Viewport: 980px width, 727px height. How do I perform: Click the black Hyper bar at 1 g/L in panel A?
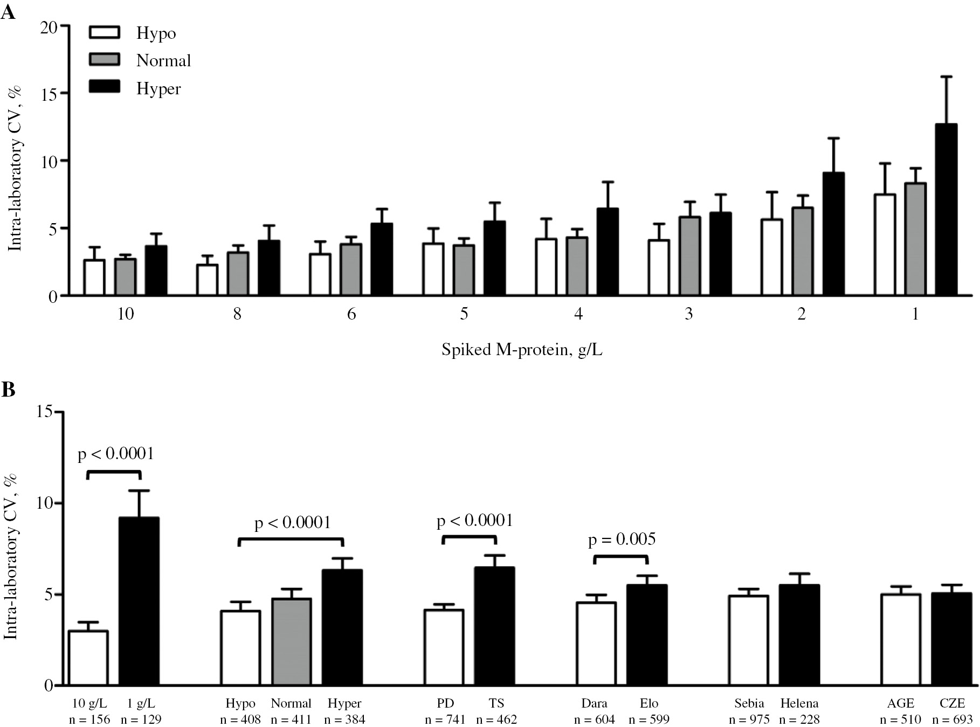coord(946,210)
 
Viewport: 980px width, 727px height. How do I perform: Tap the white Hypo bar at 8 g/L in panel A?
coord(207,280)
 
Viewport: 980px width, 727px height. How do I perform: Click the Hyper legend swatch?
coord(104,87)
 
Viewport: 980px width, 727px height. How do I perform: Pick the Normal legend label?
coord(163,60)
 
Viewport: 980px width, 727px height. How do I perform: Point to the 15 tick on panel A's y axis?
coord(49,93)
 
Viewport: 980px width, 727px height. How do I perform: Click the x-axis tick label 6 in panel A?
coord(351,314)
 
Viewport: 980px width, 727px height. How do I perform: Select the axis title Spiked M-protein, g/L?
coord(521,350)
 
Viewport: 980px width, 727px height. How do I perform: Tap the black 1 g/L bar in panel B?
coord(139,601)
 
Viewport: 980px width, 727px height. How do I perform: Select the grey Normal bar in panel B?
coord(292,641)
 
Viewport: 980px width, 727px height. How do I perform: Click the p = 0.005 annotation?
coord(622,539)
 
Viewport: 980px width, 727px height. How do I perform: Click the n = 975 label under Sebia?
coord(749,719)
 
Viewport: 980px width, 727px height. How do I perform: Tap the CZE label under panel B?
coord(951,703)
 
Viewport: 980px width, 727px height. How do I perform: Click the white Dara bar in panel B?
coord(596,643)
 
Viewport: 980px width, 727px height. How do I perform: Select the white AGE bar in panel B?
coord(901,639)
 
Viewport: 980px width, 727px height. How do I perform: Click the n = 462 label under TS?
coord(496,719)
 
